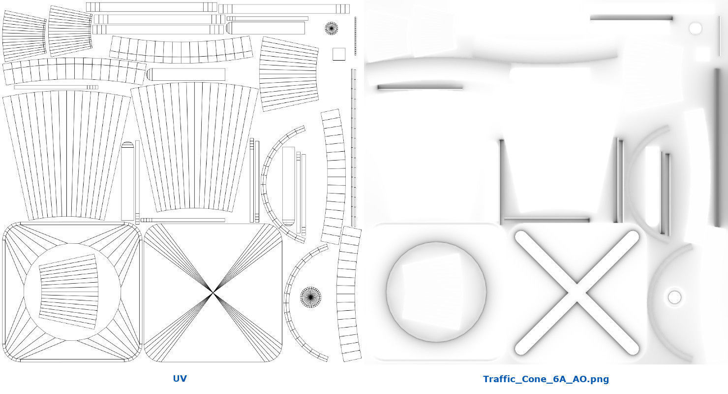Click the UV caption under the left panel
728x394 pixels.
(x=180, y=379)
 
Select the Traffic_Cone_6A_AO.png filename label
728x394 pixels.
(x=546, y=379)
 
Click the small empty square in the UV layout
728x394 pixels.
(x=338, y=54)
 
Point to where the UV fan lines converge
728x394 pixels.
(x=213, y=293)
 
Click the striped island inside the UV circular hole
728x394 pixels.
(x=69, y=291)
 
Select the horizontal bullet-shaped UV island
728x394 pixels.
(x=185, y=75)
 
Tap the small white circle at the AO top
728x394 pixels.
(x=695, y=28)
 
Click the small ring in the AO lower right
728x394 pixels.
(x=674, y=297)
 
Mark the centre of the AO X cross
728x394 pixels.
(x=576, y=293)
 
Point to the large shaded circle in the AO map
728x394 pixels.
(x=436, y=292)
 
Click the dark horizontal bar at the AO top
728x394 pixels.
(x=631, y=18)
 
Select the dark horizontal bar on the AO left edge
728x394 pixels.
(x=420, y=88)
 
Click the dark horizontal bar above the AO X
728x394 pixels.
(x=546, y=220)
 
